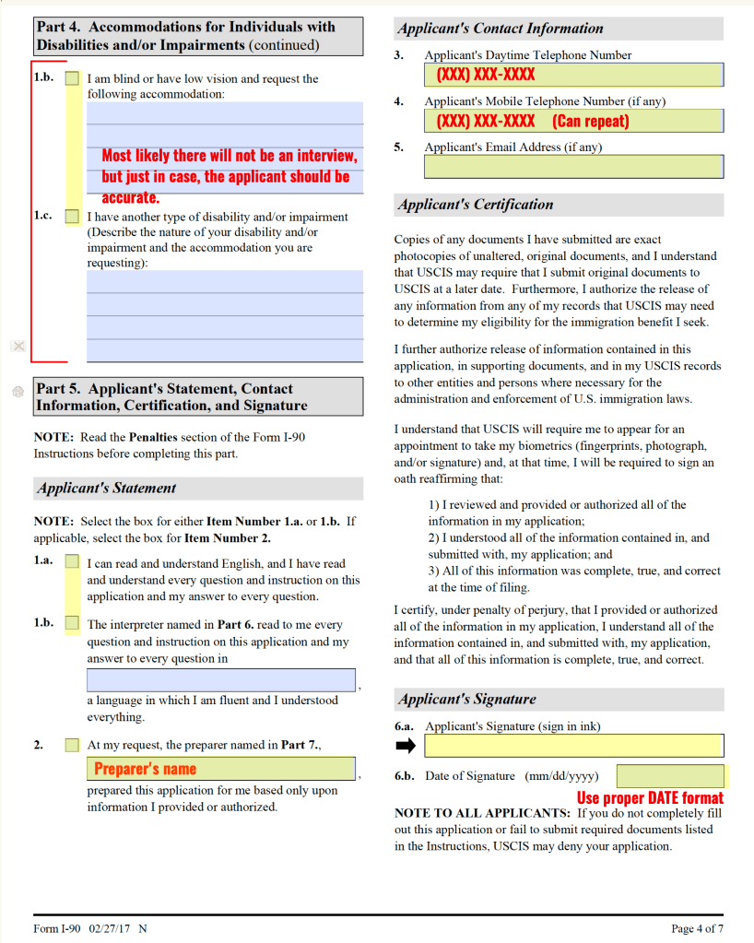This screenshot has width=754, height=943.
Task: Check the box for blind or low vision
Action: pyautogui.click(x=72, y=79)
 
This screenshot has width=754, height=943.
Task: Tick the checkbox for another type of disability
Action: pyautogui.click(x=72, y=218)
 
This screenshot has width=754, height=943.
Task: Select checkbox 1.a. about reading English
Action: pyautogui.click(x=72, y=562)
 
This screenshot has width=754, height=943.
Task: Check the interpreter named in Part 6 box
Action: pyautogui.click(x=72, y=624)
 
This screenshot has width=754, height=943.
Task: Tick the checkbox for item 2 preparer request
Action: pyautogui.click(x=72, y=745)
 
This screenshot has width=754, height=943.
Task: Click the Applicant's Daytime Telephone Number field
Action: pyautogui.click(x=573, y=75)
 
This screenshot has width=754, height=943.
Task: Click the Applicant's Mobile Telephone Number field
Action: pyautogui.click(x=573, y=121)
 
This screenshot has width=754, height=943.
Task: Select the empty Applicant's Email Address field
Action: pyautogui.click(x=573, y=167)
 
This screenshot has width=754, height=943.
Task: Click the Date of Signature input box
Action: pyautogui.click(x=670, y=776)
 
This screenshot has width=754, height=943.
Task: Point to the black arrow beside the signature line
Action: pyautogui.click(x=406, y=746)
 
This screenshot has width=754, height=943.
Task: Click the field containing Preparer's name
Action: pyautogui.click(x=221, y=769)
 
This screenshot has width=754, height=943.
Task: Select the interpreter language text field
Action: pyautogui.click(x=221, y=680)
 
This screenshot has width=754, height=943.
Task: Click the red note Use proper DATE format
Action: pyautogui.click(x=650, y=798)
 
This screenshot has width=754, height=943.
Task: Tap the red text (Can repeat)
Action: pyautogui.click(x=591, y=121)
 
